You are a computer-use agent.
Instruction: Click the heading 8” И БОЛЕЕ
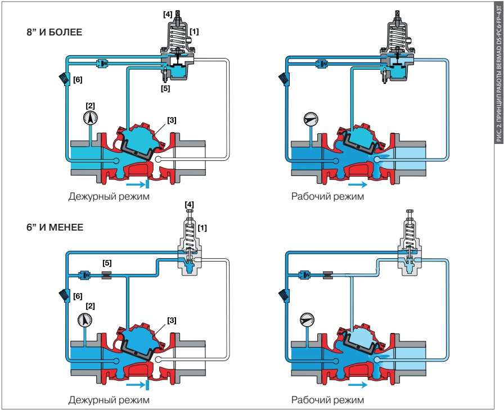pyautogui.click(x=55, y=33)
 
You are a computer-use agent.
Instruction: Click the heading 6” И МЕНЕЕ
pyautogui.click(x=55, y=228)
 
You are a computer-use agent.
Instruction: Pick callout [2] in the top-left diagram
pyautogui.click(x=90, y=105)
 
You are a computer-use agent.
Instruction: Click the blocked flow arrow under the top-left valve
pyautogui.click(x=137, y=183)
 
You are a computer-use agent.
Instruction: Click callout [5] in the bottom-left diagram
pyautogui.click(x=107, y=263)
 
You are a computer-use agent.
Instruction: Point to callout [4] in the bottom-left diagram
pyautogui.click(x=190, y=202)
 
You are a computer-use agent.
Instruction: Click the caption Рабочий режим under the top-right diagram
pyautogui.click(x=327, y=197)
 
